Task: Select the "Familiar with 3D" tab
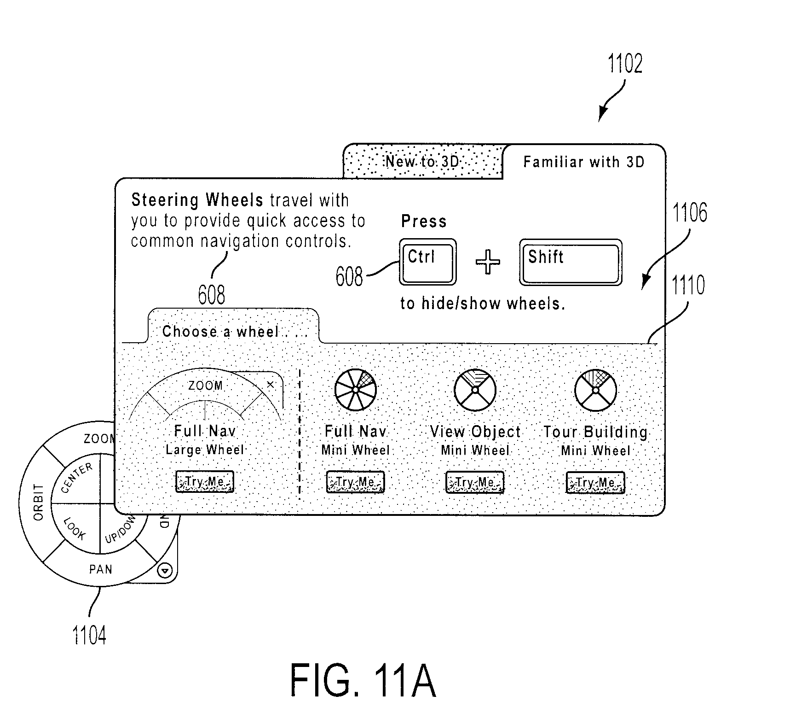tap(584, 162)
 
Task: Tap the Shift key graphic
tap(571, 262)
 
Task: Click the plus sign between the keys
tap(488, 263)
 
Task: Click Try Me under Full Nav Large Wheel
tap(205, 482)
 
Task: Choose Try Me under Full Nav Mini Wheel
tap(355, 482)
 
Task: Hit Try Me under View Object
tap(475, 482)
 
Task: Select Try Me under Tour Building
tap(595, 482)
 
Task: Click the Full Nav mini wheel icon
tap(355, 390)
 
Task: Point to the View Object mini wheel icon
tap(475, 390)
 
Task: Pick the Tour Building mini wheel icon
tap(595, 390)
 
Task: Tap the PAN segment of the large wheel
tap(101, 570)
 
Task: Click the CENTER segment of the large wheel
tap(76, 479)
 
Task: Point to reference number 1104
tap(89, 634)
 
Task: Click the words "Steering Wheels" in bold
tap(197, 200)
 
